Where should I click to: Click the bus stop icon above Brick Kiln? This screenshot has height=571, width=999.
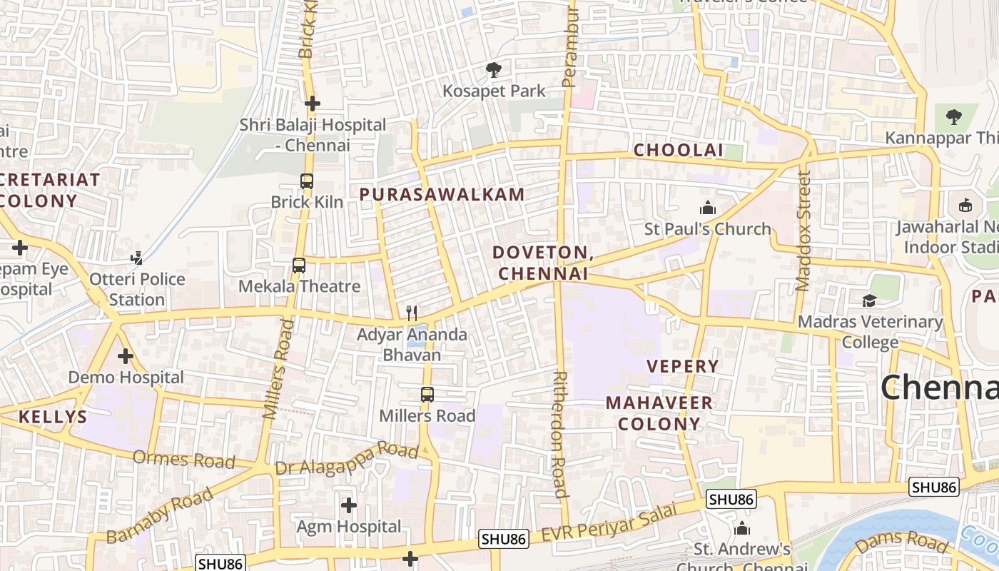(x=307, y=181)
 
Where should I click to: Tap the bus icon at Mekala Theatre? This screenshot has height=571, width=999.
(x=299, y=266)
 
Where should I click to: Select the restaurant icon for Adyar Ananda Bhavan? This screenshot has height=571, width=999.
(x=412, y=313)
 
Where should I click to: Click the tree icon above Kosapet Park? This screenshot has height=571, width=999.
(x=493, y=70)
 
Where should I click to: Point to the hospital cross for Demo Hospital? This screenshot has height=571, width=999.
(x=126, y=355)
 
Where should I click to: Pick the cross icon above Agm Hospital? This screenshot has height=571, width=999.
(x=349, y=505)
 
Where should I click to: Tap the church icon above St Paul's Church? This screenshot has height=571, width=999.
(x=708, y=208)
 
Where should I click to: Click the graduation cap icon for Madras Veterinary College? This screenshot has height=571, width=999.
(x=869, y=300)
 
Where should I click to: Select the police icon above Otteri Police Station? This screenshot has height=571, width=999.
(x=137, y=258)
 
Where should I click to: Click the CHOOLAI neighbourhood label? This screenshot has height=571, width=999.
(x=679, y=151)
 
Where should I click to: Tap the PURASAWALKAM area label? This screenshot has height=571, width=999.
(x=442, y=194)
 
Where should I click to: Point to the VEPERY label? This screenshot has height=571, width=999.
(x=683, y=366)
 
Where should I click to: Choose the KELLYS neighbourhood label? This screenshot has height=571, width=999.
(x=53, y=417)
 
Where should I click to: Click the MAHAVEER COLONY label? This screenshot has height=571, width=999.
(x=659, y=413)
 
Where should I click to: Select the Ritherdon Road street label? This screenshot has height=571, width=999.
(x=561, y=434)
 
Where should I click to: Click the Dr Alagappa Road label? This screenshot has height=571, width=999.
(x=347, y=458)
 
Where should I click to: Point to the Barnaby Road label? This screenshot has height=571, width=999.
(x=160, y=515)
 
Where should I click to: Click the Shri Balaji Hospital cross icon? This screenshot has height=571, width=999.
(x=312, y=103)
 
